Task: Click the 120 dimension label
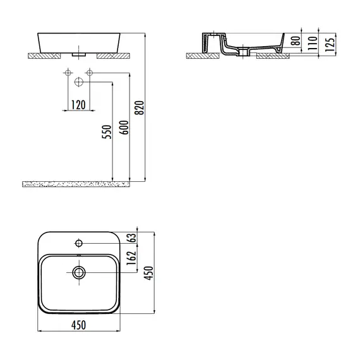pyautogui.click(x=78, y=105)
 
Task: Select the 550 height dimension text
pyautogui.click(x=107, y=132)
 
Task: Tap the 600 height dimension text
pyautogui.click(x=124, y=128)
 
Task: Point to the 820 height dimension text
pyautogui.click(x=140, y=107)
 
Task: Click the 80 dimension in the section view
pyautogui.click(x=296, y=40)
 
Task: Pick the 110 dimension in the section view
pyautogui.click(x=312, y=43)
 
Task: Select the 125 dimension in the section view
pyautogui.click(x=330, y=44)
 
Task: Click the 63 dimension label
pyautogui.click(x=132, y=238)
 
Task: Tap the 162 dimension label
pyautogui.click(x=131, y=258)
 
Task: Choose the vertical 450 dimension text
pyautogui.click(x=148, y=273)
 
